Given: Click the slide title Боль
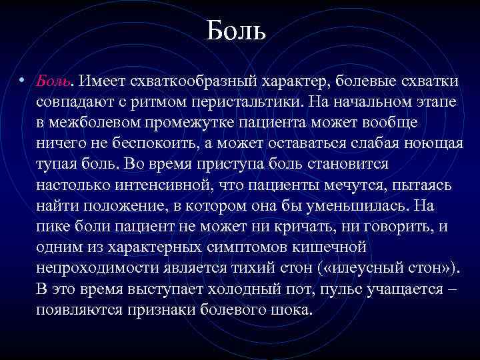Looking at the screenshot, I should (x=237, y=29).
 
